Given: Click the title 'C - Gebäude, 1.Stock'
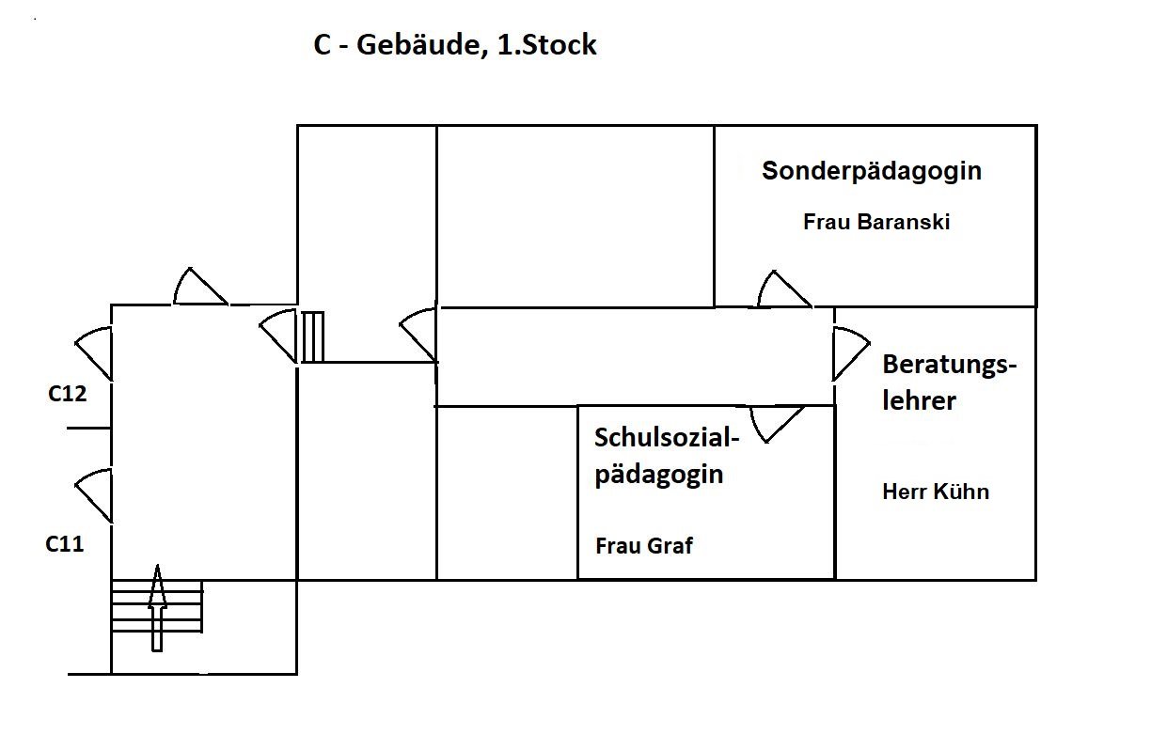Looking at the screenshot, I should coord(455,45).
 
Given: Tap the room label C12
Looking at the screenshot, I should coord(68,394).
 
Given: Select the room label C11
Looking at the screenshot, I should coord(65,542).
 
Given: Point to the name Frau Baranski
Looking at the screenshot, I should coord(876,223).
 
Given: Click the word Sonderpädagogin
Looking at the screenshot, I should coord(872,171).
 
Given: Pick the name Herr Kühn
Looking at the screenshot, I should coord(936,492).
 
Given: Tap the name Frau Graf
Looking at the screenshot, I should coord(644,546).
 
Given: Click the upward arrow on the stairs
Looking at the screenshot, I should coord(157,608).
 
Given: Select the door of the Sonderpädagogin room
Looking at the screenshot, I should coord(782,289).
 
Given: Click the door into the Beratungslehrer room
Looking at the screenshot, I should coord(849,352).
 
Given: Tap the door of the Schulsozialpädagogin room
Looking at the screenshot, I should coord(777,422).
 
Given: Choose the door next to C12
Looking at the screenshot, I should coord(95,352).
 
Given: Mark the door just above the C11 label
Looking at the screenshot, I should coord(95,494).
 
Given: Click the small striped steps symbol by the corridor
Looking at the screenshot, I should coord(312,336).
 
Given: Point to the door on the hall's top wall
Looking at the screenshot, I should coord(199,287).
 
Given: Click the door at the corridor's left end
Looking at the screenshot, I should coord(419,335).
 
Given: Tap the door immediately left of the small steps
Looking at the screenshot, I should coord(279,336).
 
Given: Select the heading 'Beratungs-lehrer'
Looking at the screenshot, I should coord(948,383).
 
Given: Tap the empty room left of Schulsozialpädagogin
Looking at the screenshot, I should coord(507,492).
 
